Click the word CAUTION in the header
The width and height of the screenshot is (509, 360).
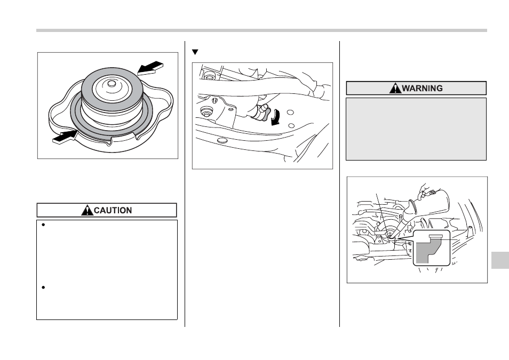[113, 210]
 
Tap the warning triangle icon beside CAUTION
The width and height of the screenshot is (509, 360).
[88, 210]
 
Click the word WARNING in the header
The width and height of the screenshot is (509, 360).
[423, 89]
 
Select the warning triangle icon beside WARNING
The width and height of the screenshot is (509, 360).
[395, 88]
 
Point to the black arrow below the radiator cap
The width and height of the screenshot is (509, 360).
[65, 137]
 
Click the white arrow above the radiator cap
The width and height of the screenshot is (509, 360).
[150, 68]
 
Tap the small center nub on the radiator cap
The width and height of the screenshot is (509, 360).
[112, 83]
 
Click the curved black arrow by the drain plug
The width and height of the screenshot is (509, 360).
[276, 117]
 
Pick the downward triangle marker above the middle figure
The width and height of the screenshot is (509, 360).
[195, 52]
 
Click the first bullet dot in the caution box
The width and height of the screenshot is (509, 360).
[43, 225]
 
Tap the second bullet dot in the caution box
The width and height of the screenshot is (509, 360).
[43, 287]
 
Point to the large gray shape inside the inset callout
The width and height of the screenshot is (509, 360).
[426, 251]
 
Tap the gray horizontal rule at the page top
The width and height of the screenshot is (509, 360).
[261, 30]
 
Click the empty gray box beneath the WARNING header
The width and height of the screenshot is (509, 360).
[416, 129]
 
